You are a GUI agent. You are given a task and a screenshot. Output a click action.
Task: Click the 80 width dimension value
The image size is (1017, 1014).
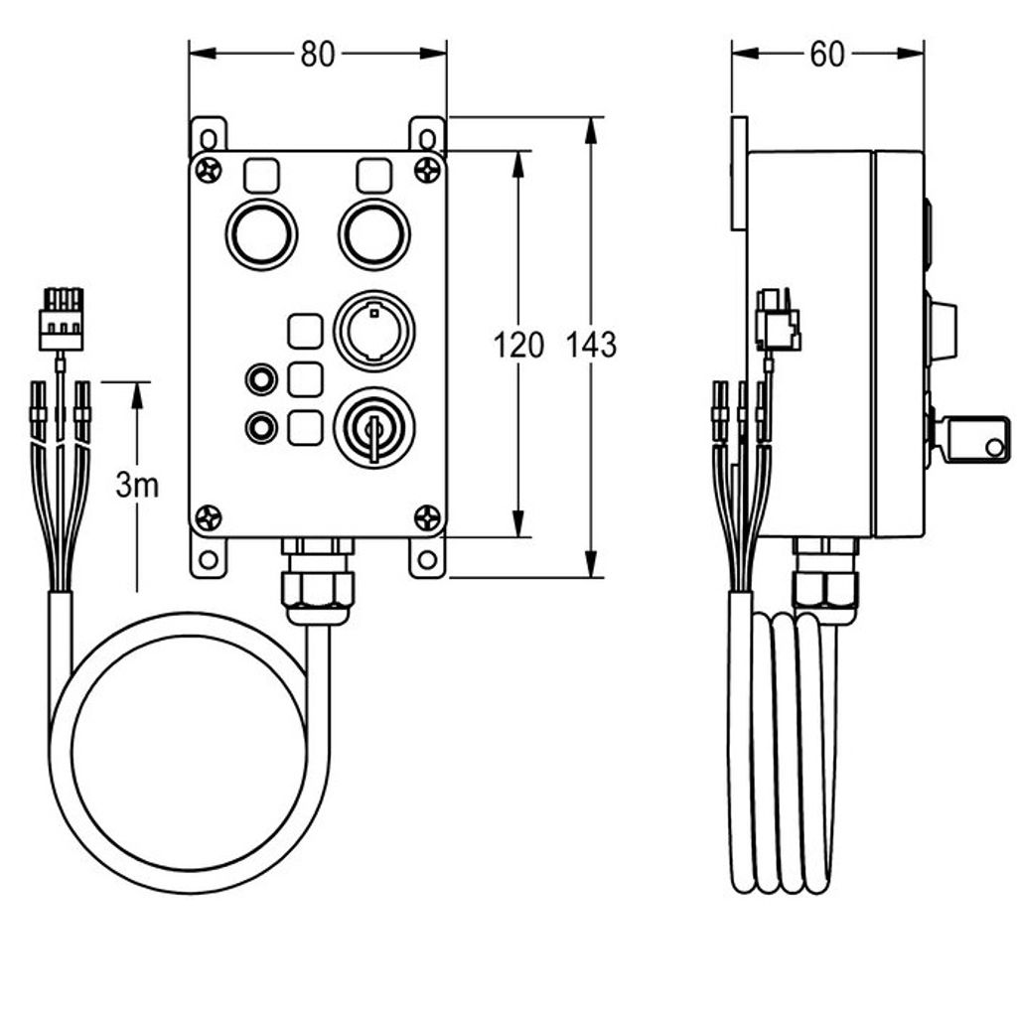(317, 55)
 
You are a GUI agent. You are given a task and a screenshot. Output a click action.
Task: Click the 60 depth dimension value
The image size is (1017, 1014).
(827, 55)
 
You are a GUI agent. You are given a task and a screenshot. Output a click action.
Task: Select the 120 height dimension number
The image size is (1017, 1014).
(518, 345)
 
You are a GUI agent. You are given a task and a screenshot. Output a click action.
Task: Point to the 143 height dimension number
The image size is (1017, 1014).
(591, 345)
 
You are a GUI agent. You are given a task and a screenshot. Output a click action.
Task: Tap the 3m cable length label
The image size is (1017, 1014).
(137, 485)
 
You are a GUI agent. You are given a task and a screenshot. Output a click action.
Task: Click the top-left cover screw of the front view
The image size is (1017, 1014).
(209, 171)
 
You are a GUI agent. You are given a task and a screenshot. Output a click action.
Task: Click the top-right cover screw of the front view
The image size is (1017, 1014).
(427, 171)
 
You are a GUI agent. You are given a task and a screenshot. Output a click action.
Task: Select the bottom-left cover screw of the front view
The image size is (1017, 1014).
(209, 517)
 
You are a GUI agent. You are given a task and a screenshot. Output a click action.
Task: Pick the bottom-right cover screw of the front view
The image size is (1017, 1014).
(427, 517)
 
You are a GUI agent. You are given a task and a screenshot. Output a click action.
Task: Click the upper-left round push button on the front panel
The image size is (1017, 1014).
(261, 234)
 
